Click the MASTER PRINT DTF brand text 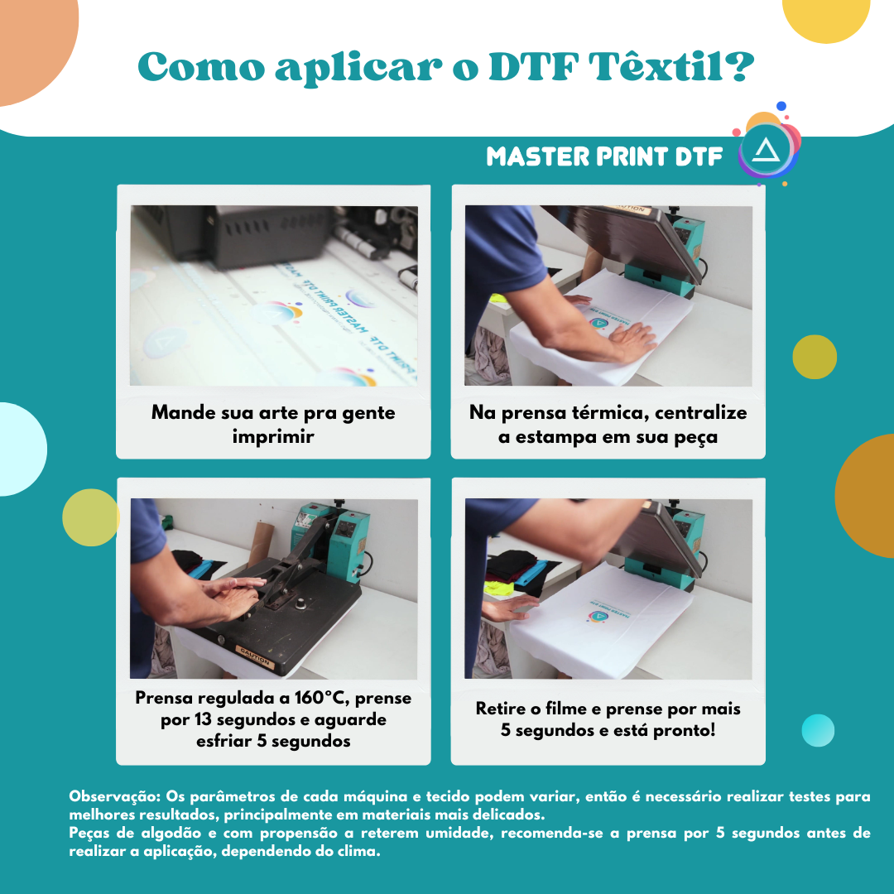pyautogui.click(x=604, y=156)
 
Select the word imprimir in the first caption pyautogui.click(x=272, y=437)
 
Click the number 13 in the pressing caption pyautogui.click(x=204, y=719)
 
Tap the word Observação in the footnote pyautogui.click(x=114, y=797)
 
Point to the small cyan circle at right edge pyautogui.click(x=818, y=730)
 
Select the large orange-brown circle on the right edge pyautogui.click(x=869, y=484)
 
